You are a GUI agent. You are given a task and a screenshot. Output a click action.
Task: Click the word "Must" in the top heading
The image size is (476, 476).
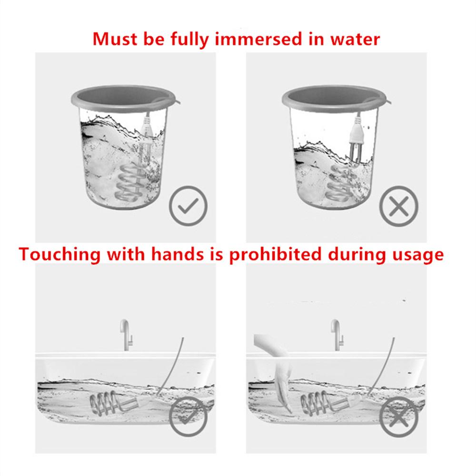[115, 39]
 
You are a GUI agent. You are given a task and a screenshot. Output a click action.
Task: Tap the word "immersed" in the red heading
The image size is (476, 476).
[258, 39]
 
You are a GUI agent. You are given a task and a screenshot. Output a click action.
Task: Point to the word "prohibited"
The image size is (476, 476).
[275, 254]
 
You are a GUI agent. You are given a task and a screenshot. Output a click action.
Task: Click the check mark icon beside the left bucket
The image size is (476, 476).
[188, 206]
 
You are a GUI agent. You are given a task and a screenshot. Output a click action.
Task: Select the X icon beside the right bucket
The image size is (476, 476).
[399, 206]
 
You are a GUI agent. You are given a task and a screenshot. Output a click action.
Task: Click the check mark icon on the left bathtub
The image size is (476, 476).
[188, 416]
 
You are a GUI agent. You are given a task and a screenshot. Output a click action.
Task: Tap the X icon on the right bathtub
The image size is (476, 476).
[399, 416]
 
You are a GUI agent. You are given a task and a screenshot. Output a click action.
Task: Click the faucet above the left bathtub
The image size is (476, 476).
[126, 335]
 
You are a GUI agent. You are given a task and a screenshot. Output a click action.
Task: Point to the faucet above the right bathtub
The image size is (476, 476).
[337, 335]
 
